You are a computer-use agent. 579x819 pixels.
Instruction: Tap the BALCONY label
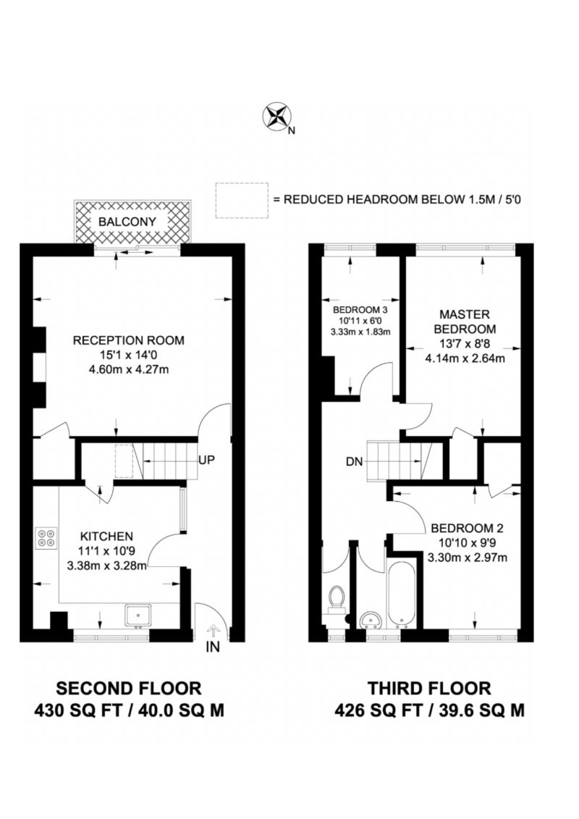(127, 222)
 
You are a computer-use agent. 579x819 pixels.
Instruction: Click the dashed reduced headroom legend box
(242, 201)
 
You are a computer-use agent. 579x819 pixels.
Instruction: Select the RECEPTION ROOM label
(128, 340)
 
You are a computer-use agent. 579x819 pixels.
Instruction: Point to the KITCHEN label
(106, 537)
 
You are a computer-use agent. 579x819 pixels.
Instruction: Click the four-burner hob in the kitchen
(46, 538)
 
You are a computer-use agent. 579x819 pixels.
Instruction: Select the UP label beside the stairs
(206, 460)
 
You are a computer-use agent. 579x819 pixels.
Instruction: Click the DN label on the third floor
(354, 462)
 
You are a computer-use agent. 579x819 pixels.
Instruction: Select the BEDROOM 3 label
(360, 310)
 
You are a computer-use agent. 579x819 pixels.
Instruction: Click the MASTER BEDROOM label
(465, 322)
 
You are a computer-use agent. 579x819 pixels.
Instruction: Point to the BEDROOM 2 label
(467, 529)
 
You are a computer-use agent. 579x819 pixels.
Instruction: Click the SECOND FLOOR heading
(128, 688)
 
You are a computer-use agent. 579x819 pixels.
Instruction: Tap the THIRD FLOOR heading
(429, 688)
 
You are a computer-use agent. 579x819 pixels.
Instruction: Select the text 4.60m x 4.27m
(128, 370)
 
